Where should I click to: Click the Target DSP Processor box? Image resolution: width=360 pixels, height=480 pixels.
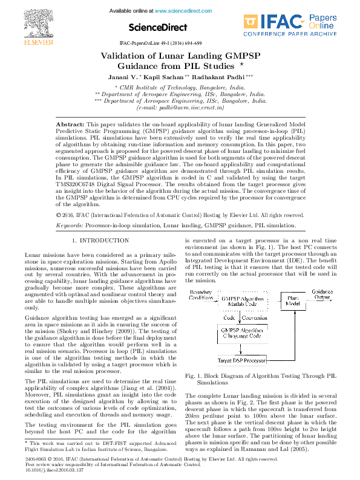tap(241, 361)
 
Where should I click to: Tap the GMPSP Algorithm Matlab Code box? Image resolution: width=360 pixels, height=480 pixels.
tap(244, 302)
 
